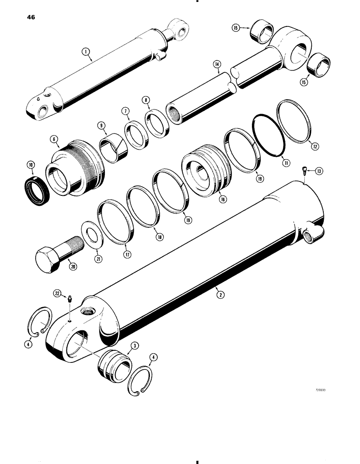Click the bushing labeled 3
(113, 361)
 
